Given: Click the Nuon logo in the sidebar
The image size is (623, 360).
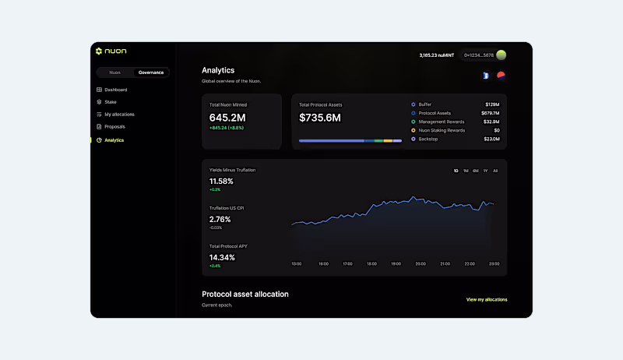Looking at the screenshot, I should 111,51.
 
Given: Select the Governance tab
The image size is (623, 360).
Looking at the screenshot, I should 150,72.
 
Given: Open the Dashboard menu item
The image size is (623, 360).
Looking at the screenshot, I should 115,90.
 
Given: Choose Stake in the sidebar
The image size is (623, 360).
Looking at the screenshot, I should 111,102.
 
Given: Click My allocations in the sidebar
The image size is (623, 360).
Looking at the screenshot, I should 119,115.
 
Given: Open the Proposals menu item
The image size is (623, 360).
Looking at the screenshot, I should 114,126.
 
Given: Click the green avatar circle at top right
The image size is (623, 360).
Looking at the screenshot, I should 502,55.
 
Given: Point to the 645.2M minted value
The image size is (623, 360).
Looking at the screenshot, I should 227,118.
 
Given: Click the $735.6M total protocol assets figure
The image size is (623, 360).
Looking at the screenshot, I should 320,118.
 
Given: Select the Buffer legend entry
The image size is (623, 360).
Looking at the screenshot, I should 424,104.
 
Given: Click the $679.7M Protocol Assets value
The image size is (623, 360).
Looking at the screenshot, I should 490,113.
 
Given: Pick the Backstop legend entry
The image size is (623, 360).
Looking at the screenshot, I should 428,139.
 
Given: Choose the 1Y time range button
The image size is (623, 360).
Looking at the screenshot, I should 485,171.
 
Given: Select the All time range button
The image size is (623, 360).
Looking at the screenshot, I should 495,171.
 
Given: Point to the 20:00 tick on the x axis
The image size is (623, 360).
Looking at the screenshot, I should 420,264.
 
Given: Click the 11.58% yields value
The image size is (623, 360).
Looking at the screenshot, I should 221,182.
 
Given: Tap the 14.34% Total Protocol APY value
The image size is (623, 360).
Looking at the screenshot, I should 222,257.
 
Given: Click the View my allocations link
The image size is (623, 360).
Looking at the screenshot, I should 486,299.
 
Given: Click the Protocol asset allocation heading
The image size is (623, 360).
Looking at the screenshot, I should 245,295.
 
